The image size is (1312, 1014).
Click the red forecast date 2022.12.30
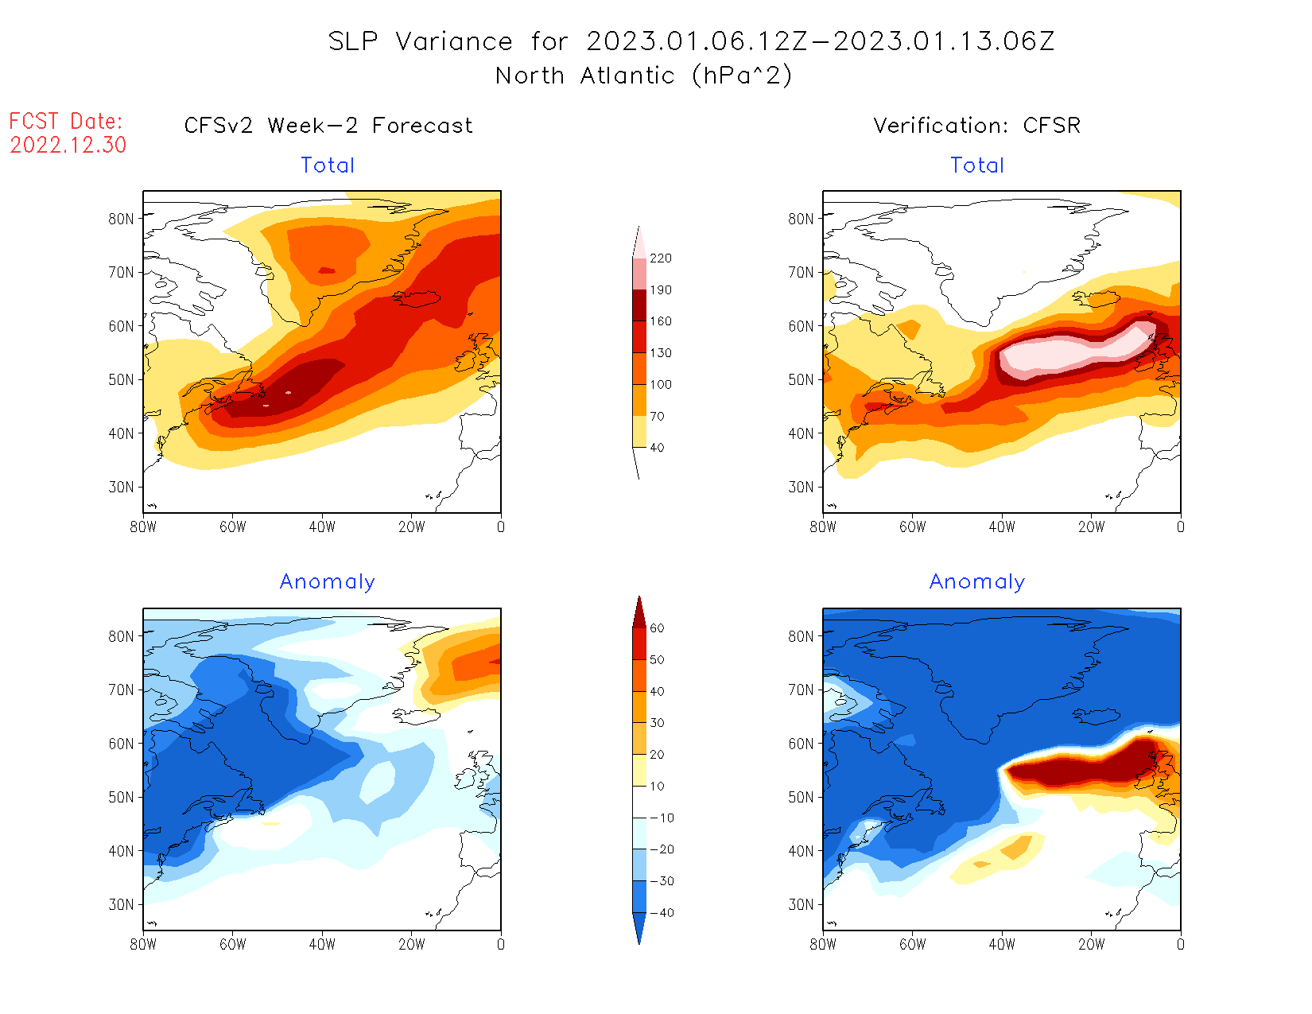(x=68, y=145)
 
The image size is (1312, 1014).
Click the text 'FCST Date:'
(x=66, y=121)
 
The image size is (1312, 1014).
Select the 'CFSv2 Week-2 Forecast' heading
(x=328, y=126)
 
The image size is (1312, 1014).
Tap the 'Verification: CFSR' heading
(x=976, y=126)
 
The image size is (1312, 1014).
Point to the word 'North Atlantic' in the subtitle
(x=584, y=76)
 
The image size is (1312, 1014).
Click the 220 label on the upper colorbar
(x=660, y=258)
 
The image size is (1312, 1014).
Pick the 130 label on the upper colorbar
(x=660, y=352)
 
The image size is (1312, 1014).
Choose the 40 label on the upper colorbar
(x=657, y=447)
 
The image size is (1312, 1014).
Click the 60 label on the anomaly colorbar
(x=657, y=628)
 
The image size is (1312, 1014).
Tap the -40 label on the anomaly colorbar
(x=662, y=912)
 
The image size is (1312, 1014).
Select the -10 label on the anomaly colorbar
(x=662, y=818)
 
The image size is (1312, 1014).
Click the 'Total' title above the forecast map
(x=328, y=165)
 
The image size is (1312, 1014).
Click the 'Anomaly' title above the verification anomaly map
(x=976, y=582)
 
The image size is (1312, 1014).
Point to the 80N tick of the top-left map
(x=122, y=219)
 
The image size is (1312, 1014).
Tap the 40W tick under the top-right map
(x=1002, y=526)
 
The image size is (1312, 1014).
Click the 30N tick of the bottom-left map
(x=122, y=904)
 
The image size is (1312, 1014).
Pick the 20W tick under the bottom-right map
(x=1091, y=944)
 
